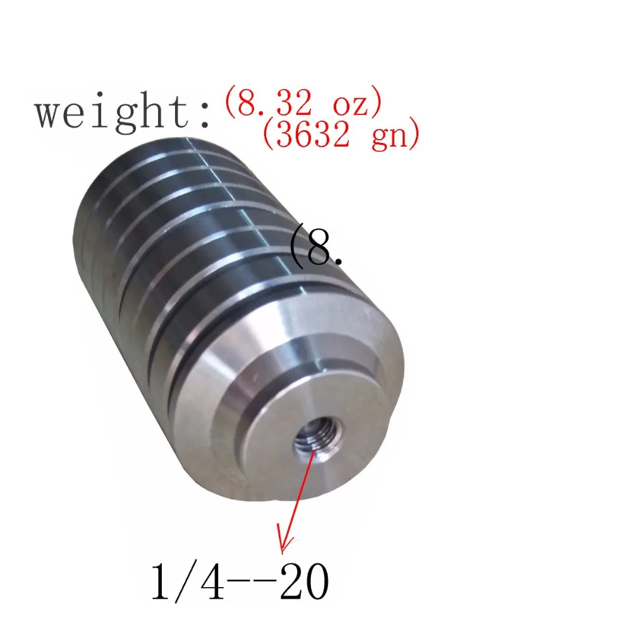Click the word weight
pos(111,111)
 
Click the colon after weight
pos(205,114)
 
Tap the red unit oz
pos(350,106)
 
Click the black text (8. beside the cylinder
pos(317,246)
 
